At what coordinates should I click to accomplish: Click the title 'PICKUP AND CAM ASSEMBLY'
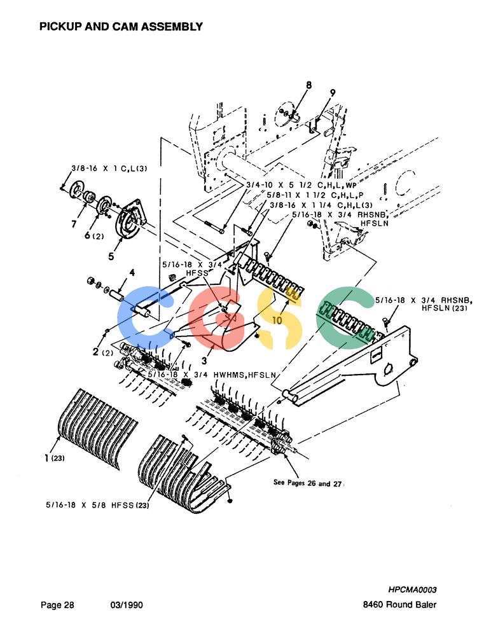[x=121, y=27]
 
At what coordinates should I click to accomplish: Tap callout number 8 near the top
[x=309, y=85]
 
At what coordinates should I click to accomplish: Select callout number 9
[x=333, y=93]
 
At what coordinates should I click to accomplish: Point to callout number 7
[x=73, y=224]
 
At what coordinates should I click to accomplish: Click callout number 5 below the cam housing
[x=111, y=256]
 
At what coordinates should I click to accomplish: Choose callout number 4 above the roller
[x=132, y=273]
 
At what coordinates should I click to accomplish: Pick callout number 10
[x=277, y=321]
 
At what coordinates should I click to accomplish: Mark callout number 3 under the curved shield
[x=204, y=360]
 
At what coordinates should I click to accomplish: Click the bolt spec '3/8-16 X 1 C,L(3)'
[x=109, y=169]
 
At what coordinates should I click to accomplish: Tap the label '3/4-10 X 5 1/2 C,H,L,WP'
[x=301, y=185]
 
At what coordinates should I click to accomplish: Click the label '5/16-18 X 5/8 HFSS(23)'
[x=97, y=505]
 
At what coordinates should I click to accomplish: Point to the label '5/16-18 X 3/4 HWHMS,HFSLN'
[x=212, y=375]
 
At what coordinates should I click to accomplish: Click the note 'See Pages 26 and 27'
[x=308, y=483]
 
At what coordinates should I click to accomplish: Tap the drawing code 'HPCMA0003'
[x=412, y=590]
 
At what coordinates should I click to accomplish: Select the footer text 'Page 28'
[x=57, y=605]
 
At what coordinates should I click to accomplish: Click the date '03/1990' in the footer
[x=127, y=605]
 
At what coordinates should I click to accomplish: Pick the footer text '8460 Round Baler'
[x=399, y=605]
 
